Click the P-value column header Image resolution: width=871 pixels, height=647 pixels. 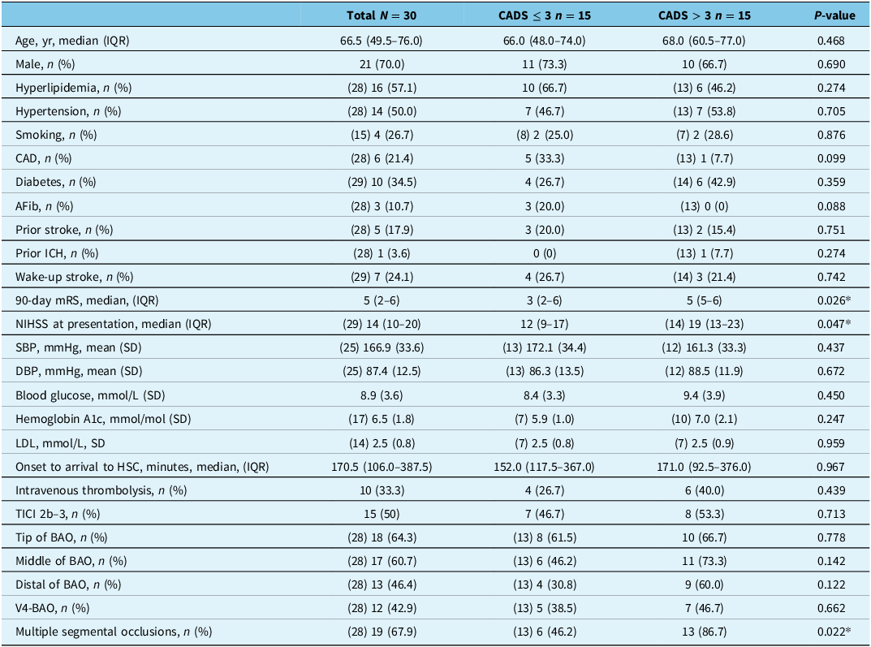point(834,15)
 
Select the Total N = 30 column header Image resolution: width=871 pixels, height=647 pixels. point(382,15)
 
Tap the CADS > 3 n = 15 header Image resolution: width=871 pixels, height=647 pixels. point(705,15)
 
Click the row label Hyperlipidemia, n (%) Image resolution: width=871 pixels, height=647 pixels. point(73,88)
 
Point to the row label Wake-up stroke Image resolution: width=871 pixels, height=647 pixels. point(59,277)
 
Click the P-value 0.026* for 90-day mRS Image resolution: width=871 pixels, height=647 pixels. point(834,300)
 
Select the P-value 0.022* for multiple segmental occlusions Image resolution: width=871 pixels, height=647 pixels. point(834,632)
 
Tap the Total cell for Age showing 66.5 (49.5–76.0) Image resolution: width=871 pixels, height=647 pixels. point(382,41)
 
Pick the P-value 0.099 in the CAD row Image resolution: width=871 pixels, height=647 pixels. point(831,158)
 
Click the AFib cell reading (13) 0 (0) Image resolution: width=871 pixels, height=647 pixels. point(705,206)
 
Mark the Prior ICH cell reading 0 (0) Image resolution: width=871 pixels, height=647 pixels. point(545,253)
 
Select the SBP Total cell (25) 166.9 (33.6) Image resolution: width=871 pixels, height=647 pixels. point(382,347)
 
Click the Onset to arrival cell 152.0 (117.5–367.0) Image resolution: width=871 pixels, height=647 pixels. point(545,467)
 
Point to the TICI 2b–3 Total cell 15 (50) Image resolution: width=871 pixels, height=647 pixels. point(382,514)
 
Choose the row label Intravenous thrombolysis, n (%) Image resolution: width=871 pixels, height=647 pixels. point(101,490)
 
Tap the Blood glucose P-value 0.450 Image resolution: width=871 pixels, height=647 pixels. point(831,395)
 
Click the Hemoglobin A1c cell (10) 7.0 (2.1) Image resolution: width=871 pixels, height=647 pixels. point(705,419)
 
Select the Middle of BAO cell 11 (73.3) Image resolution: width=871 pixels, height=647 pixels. point(705,561)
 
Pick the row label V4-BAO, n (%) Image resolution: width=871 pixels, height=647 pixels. point(52,608)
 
